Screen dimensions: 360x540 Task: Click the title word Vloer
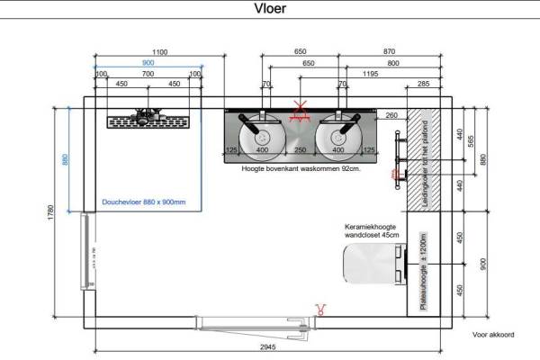tap(270, 12)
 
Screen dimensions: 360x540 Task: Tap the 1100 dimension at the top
tap(159, 53)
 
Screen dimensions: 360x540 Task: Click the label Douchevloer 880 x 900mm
tap(144, 202)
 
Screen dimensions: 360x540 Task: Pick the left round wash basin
tap(261, 134)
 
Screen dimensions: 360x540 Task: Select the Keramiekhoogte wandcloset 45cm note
tap(370, 231)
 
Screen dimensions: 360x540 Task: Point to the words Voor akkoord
tap(492, 335)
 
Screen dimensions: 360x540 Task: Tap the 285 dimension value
tap(423, 85)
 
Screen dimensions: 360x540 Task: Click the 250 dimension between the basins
tap(301, 149)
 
